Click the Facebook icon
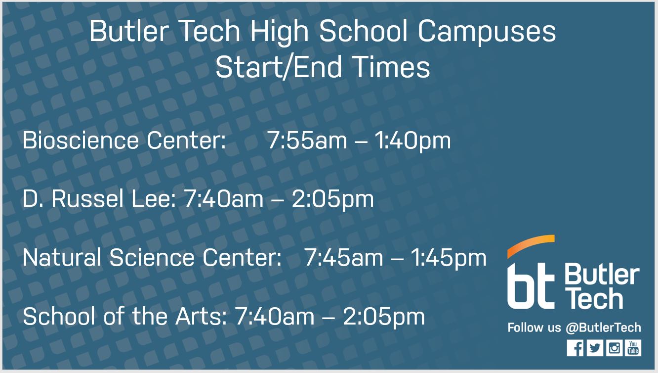(x=575, y=348)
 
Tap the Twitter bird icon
(x=595, y=348)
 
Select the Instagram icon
(x=614, y=348)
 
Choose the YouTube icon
(x=633, y=348)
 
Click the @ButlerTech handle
(x=603, y=327)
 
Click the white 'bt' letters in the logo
(x=530, y=285)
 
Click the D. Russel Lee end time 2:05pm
(x=333, y=199)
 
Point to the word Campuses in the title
(x=487, y=31)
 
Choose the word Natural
(x=62, y=258)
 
